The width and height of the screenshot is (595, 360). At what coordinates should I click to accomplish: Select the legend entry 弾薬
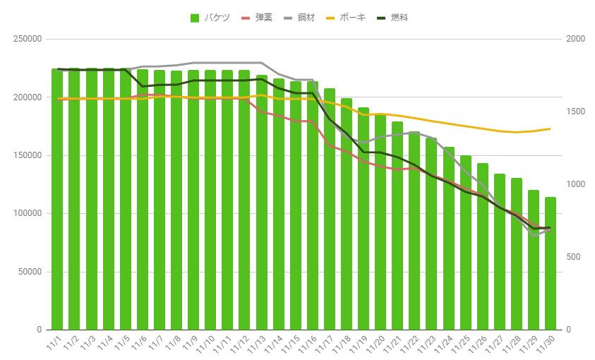click(x=258, y=18)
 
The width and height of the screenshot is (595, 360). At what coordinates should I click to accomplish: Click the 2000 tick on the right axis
click(x=576, y=40)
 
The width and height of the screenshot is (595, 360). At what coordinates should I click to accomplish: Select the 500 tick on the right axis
click(x=574, y=258)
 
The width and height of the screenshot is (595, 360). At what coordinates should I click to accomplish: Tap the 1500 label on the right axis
click(x=576, y=112)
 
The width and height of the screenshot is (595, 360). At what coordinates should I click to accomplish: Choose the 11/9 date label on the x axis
click(x=191, y=344)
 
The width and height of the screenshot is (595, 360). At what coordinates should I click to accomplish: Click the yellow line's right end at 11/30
click(x=550, y=128)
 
